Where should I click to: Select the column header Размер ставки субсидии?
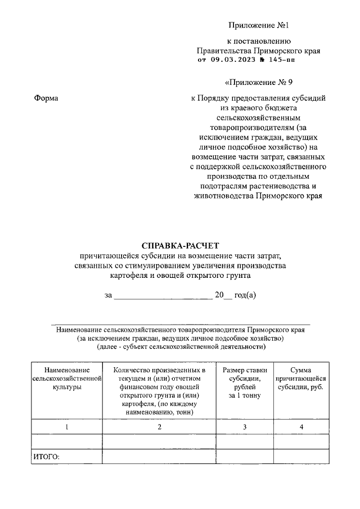[x=245, y=383]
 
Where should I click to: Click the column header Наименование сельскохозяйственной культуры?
[x=67, y=379]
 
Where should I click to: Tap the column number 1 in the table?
[x=67, y=427]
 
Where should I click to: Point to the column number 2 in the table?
[x=159, y=427]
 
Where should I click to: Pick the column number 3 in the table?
[x=245, y=427]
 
